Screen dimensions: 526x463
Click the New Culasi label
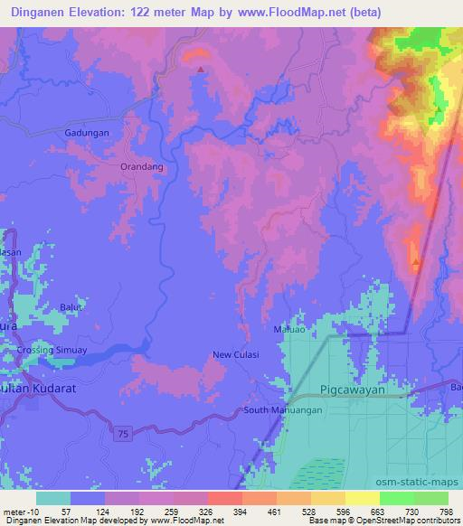235,354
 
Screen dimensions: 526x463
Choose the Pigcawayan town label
358,390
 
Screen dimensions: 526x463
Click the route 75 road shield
123,435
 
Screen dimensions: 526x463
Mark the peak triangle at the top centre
200,68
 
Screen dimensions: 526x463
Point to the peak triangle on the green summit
438,110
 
